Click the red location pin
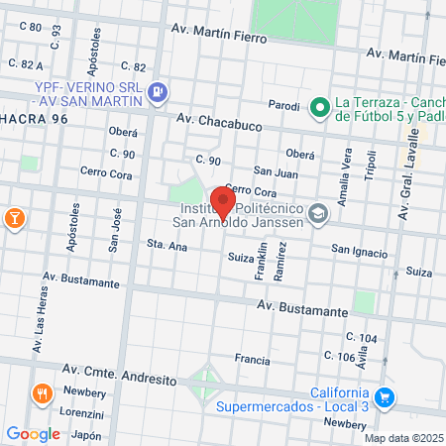pos(224,202)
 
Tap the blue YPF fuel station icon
pos(158,92)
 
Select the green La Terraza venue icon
pos(319,106)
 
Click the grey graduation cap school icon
pos(318,213)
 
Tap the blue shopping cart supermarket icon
pos(386,398)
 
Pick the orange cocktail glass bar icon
pos(15,217)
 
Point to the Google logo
pos(33,433)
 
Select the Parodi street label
pos(284,105)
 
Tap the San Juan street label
pos(276,170)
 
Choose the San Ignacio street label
pos(359,253)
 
